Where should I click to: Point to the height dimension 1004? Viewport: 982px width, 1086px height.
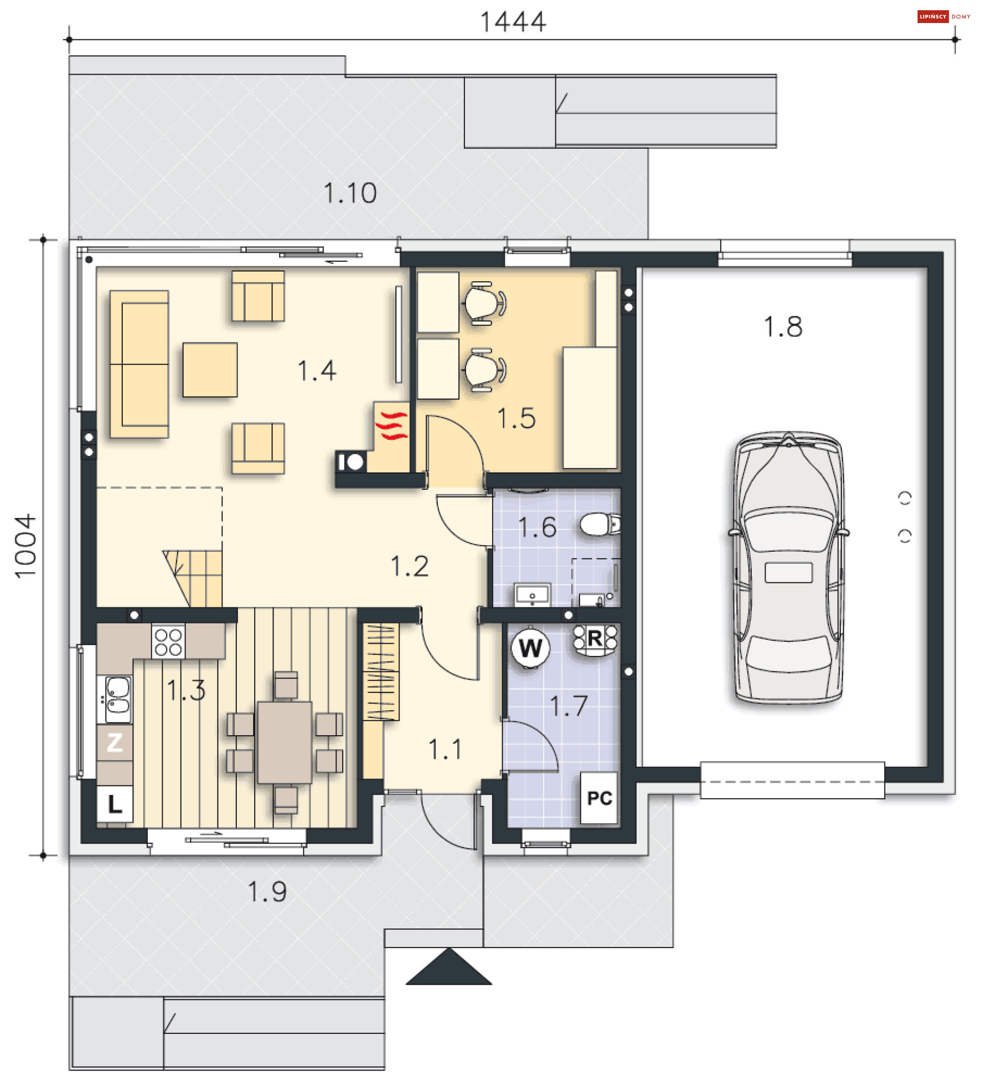(26, 546)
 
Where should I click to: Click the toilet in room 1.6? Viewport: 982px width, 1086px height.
(600, 524)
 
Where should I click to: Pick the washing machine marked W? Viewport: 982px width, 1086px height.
(530, 647)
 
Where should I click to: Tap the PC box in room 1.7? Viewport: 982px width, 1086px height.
(599, 798)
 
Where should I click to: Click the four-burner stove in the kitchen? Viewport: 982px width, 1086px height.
(168, 642)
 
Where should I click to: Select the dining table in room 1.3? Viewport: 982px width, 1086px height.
(284, 742)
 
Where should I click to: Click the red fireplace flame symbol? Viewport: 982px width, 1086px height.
(392, 425)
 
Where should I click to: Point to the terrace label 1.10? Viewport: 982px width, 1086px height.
(350, 193)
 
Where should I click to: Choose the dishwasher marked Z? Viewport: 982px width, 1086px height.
(115, 742)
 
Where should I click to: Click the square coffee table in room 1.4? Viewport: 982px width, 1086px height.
(210, 370)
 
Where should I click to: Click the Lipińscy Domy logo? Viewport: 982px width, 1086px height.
(944, 17)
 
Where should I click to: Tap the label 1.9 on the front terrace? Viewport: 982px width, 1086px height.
(267, 892)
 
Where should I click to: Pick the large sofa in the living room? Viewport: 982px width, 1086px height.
(139, 364)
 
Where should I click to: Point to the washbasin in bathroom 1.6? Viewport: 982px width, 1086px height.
(532, 594)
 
